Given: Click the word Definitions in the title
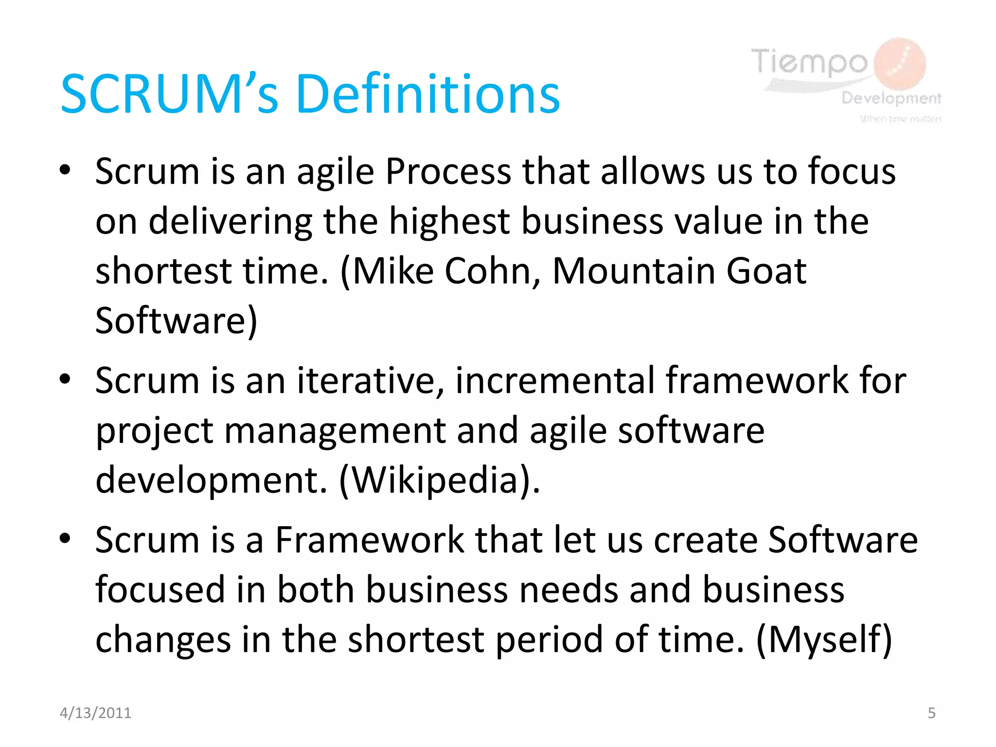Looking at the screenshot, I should click(427, 94).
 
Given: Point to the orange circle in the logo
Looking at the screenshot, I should click(901, 64).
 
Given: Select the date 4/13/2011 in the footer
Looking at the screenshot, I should click(95, 713).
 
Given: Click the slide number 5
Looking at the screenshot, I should click(931, 713).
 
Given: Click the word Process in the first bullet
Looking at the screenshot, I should click(448, 172).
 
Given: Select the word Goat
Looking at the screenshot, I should click(766, 271).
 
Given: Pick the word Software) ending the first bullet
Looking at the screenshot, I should click(176, 320).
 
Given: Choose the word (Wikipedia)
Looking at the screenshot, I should click(439, 480).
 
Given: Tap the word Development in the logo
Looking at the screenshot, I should click(891, 98).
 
